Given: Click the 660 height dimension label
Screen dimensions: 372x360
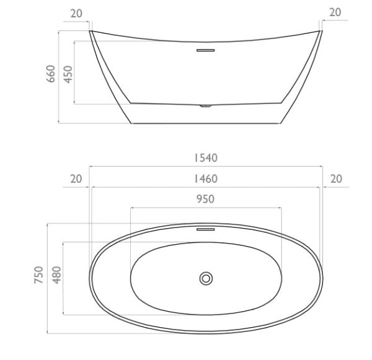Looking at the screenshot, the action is [51, 74].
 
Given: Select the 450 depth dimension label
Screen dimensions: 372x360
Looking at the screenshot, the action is [68, 74].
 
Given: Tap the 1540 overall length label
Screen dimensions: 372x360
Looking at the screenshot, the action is [206, 158].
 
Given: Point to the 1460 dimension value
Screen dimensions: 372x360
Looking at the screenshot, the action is [206, 179].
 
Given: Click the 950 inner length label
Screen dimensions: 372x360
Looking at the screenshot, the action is [205, 199].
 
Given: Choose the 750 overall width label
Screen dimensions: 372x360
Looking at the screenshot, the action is [38, 275].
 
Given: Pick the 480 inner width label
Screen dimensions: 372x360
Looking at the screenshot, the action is [57, 275].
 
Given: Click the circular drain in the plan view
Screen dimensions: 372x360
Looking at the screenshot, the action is [206, 279].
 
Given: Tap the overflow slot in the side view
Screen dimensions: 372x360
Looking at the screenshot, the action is [206, 50].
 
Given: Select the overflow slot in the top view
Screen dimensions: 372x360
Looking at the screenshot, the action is [206, 229].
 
